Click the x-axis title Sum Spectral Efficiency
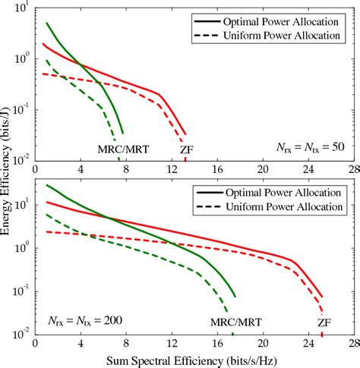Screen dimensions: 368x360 point(196,360)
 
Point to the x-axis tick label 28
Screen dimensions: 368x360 point(352,343)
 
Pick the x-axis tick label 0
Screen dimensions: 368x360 point(38,343)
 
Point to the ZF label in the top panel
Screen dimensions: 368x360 point(185,149)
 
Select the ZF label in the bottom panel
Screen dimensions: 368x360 point(324,322)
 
